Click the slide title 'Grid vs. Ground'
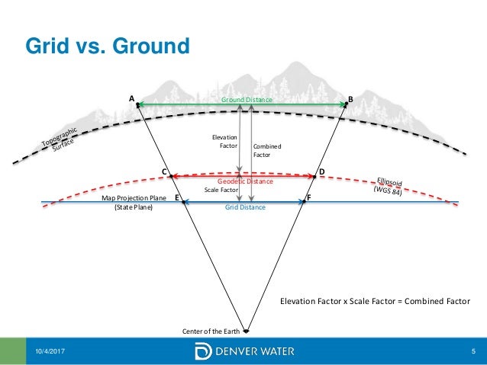[108, 46]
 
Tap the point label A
[131, 98]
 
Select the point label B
[350, 99]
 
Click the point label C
[163, 172]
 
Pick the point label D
[321, 171]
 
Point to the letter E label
[177, 197]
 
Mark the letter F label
[308, 197]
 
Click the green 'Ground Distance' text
[247, 100]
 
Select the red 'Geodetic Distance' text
[245, 182]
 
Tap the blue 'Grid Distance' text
[245, 207]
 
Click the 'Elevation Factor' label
[224, 140]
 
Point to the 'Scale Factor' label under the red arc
[222, 191]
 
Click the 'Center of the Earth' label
[211, 331]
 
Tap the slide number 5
[473, 351]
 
